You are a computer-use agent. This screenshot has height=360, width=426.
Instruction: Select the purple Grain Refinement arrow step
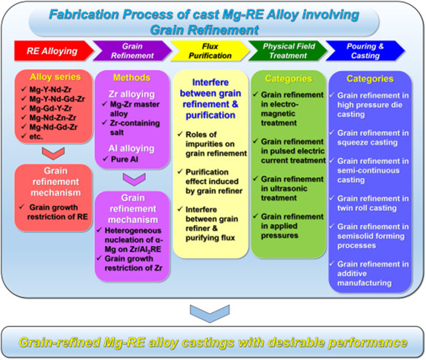pos(128,50)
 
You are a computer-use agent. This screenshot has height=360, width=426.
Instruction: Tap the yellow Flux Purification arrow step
pos(206,50)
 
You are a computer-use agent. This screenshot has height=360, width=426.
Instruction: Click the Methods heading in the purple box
pos(131,78)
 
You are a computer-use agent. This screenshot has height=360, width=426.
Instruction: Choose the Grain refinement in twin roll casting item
pos(369,203)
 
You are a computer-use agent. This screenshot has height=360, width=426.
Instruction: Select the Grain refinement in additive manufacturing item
pos(369,273)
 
